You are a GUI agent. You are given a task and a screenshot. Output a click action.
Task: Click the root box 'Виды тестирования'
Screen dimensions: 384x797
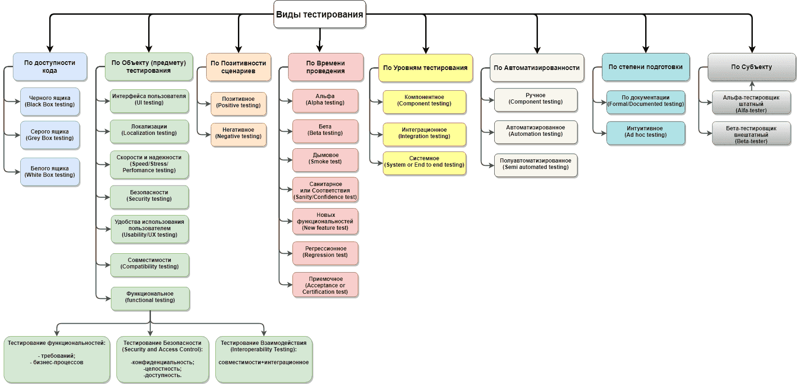pyautogui.click(x=319, y=14)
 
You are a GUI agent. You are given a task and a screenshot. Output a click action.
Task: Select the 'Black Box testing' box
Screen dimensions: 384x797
pyautogui.click(x=50, y=101)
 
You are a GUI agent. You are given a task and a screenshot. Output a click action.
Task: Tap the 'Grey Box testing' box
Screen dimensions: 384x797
pyautogui.click(x=50, y=135)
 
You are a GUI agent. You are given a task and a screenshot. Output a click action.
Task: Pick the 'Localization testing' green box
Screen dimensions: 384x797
pyautogui.click(x=149, y=130)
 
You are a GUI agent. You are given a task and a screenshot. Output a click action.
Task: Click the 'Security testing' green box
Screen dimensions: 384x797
pyautogui.click(x=149, y=196)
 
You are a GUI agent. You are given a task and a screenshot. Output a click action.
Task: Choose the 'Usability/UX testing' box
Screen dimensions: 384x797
pyautogui.click(x=150, y=228)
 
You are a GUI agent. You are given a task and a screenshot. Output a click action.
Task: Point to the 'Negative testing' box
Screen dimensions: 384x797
pyautogui.click(x=238, y=133)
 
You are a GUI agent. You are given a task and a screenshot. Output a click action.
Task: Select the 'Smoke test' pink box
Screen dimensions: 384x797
pyautogui.click(x=325, y=158)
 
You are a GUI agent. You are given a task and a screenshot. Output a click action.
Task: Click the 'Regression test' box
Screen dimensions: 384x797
pyautogui.click(x=325, y=252)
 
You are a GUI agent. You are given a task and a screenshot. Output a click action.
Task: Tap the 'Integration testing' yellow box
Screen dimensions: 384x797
pyautogui.click(x=424, y=133)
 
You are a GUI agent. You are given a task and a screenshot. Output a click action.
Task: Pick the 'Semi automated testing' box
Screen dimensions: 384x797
pyautogui.click(x=536, y=164)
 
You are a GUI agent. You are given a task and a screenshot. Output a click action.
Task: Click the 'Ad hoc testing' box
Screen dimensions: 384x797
pyautogui.click(x=645, y=132)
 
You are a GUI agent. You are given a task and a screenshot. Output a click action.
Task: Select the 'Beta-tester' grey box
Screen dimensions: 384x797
pyautogui.click(x=751, y=135)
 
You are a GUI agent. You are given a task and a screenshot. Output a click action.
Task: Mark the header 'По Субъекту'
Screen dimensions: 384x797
pyautogui.click(x=751, y=67)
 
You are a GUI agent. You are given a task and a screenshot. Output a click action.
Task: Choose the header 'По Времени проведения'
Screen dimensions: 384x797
pyautogui.click(x=325, y=67)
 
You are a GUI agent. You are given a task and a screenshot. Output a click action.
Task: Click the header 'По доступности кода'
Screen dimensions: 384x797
pyautogui.click(x=50, y=66)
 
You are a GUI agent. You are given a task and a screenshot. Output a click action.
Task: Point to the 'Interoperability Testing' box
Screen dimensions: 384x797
pyautogui.click(x=264, y=359)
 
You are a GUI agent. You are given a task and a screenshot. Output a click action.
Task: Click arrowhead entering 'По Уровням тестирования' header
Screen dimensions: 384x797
pyautogui.click(x=426, y=50)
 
